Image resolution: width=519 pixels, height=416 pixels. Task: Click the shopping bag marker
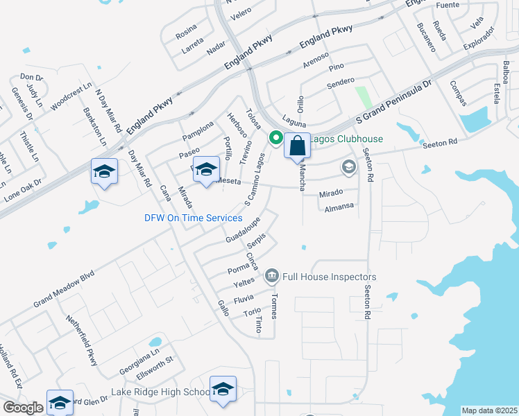tap(297, 146)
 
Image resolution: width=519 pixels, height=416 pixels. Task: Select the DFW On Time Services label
tap(193, 218)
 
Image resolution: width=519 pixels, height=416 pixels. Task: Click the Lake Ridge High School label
tap(160, 392)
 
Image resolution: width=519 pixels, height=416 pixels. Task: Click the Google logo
tap(23, 408)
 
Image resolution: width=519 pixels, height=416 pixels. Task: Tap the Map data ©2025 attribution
tap(490, 410)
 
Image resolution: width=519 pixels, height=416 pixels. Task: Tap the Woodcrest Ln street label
tap(71, 95)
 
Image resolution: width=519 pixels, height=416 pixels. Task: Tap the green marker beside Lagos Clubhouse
tap(275, 138)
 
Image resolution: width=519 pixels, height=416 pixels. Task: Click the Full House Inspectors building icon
tap(271, 277)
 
